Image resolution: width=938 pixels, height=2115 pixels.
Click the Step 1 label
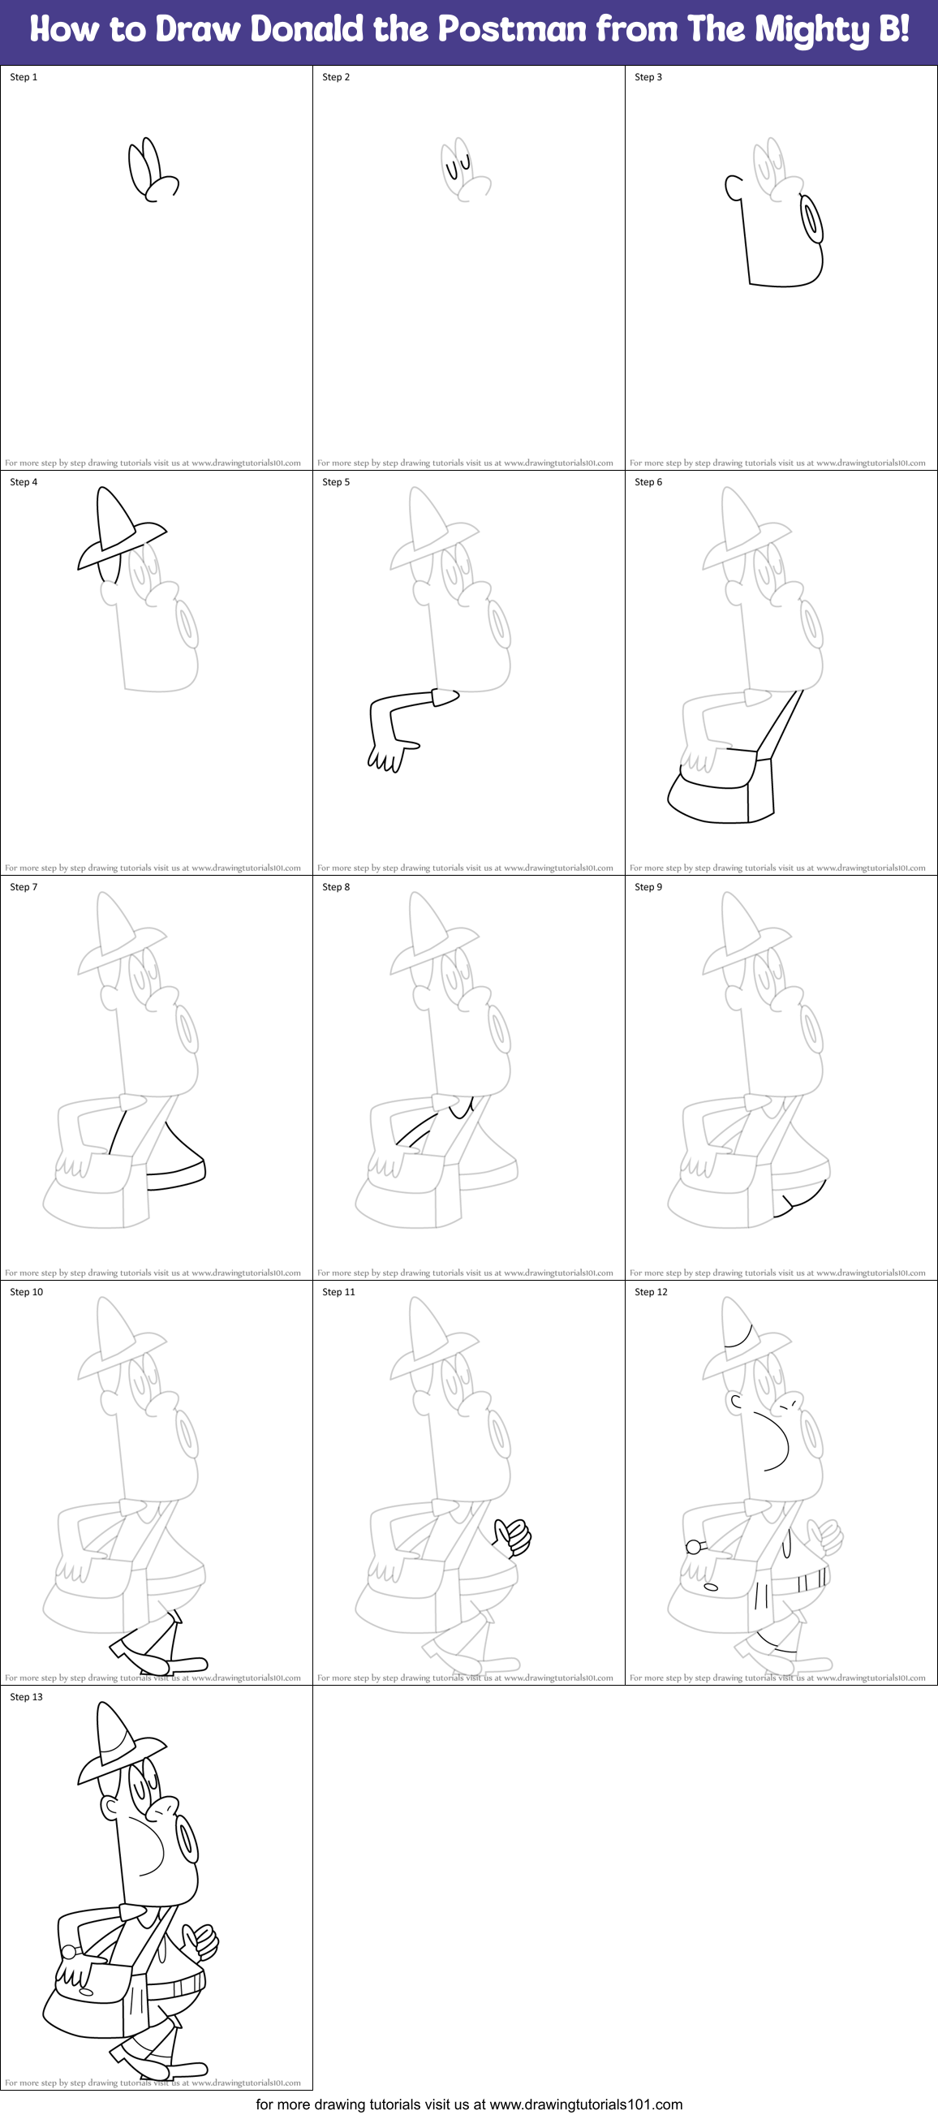[x=24, y=77]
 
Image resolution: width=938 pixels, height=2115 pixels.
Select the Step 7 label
[x=24, y=887]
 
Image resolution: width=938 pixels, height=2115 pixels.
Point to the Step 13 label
[x=26, y=1696]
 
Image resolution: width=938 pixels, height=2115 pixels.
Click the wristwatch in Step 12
[x=694, y=1547]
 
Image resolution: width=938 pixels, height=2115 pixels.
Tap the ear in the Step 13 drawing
[x=110, y=1807]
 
